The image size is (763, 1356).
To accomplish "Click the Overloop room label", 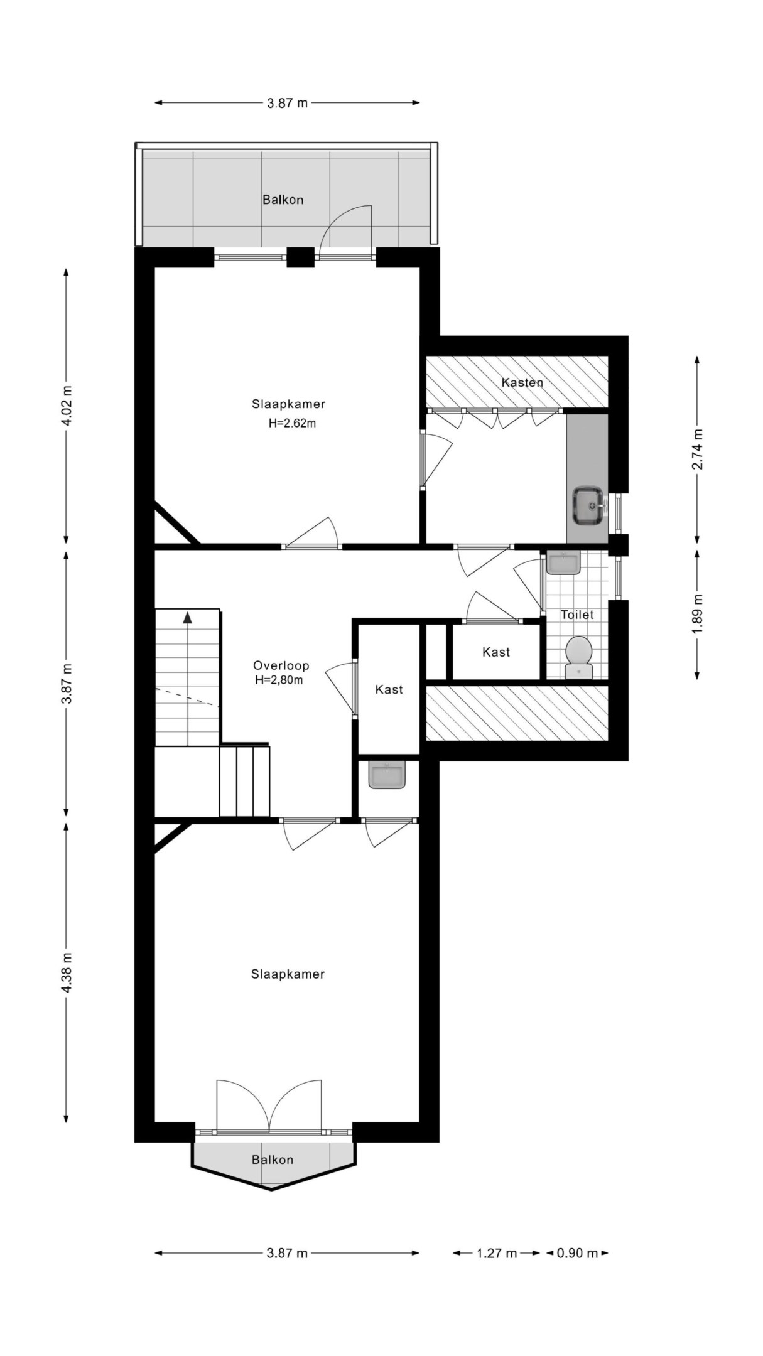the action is pos(281,665).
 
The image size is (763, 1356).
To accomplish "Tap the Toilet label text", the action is pos(577,615).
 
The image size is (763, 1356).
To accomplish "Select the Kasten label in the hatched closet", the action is pos(522,382).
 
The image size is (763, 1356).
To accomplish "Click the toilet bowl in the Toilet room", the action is pos(578,657).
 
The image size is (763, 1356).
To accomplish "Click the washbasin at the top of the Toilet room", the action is pos(563,562).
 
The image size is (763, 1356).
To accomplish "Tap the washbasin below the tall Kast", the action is pos(387,775).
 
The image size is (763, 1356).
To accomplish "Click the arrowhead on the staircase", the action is pos(187,617).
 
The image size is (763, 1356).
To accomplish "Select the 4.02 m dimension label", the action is pos(67,406).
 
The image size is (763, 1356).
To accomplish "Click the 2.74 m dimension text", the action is pos(697,448).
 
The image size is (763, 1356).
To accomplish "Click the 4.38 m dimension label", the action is pos(67,972).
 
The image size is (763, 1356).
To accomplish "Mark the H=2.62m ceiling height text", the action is pos(292,423).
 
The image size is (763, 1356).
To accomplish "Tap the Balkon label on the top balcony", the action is pos(283,200).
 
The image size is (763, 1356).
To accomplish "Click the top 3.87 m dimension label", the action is pos(288,103).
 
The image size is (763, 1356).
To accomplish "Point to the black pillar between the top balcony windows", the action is pos(300,257).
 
